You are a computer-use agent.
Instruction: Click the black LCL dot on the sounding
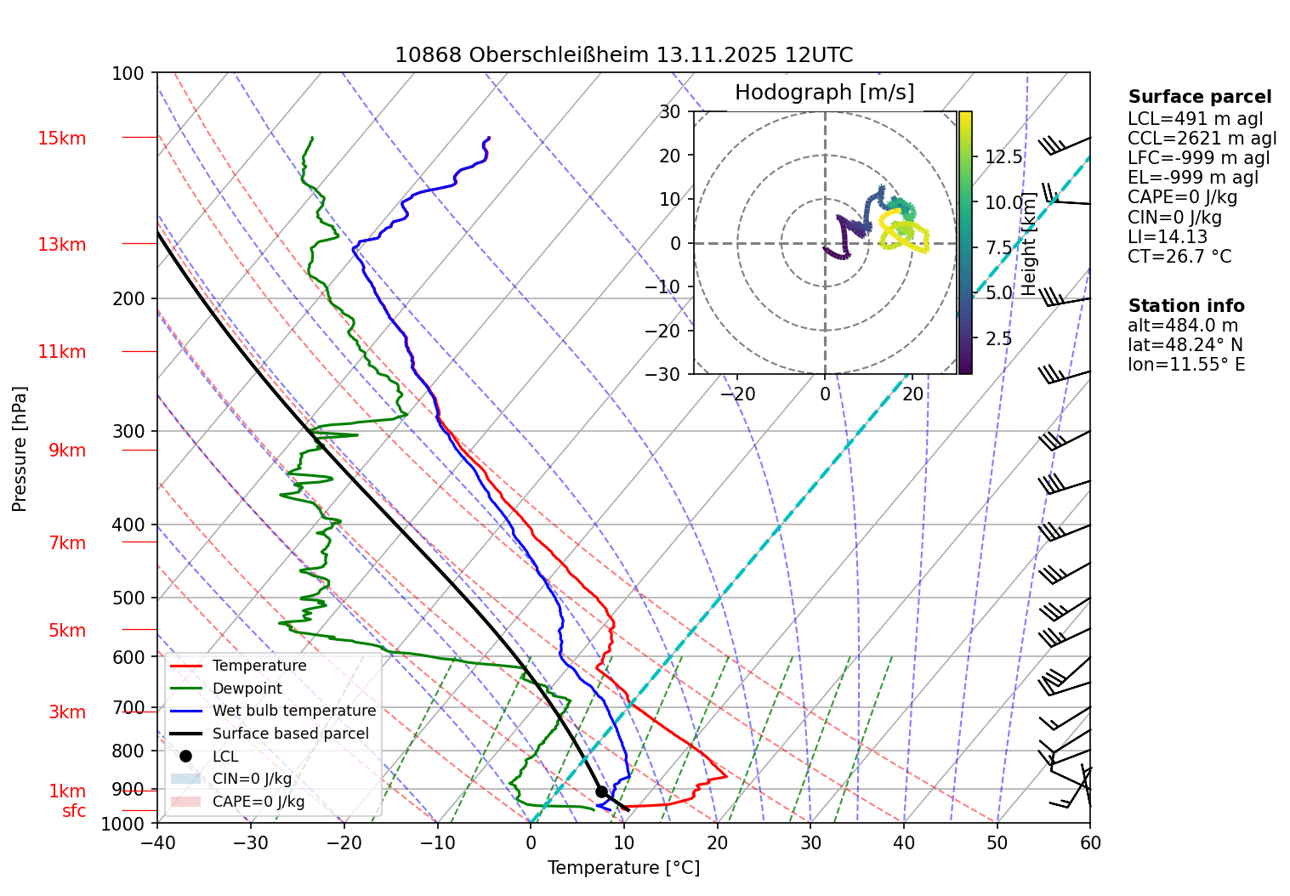(x=601, y=791)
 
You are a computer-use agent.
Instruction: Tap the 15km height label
(x=61, y=139)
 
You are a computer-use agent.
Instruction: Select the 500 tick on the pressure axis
(x=128, y=598)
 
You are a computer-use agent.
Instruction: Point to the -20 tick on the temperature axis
(x=344, y=842)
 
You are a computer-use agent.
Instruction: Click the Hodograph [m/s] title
(x=824, y=93)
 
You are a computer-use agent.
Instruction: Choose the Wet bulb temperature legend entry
(x=293, y=711)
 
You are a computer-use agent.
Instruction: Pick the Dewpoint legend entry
(x=247, y=689)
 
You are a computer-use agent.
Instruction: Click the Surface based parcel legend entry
(x=290, y=734)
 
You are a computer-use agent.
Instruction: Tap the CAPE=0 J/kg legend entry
(x=258, y=802)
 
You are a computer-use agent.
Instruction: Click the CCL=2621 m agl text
(x=1202, y=139)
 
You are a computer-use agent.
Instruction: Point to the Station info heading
(x=1186, y=306)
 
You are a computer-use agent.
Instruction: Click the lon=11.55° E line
(x=1186, y=365)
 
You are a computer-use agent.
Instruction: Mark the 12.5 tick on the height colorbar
(x=1003, y=156)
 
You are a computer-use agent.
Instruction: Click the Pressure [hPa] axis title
(x=20, y=449)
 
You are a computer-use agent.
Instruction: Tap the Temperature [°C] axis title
(x=623, y=868)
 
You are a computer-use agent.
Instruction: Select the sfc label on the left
(x=74, y=811)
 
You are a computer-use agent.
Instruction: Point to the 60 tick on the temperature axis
(x=1090, y=842)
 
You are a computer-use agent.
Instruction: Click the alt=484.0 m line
(x=1183, y=326)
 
